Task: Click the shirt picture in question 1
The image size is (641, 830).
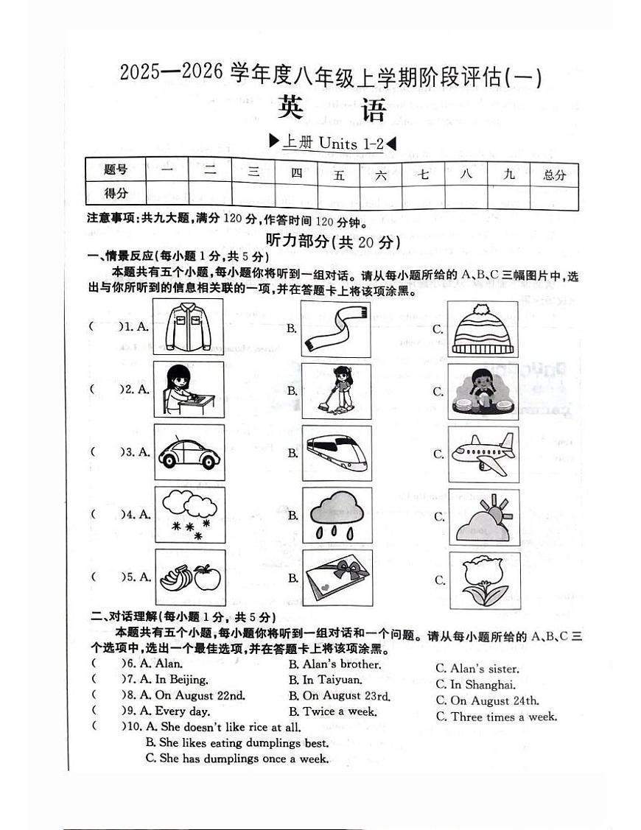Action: tap(189, 327)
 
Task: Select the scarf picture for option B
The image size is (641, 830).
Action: tap(337, 328)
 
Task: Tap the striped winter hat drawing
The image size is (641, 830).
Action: tap(483, 329)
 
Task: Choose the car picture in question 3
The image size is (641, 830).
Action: tap(189, 452)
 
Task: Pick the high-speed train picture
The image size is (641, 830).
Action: tap(337, 453)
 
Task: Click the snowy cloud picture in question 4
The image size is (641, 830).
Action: tap(189, 514)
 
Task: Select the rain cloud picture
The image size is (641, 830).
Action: tap(337, 515)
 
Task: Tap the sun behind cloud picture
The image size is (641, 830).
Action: tap(484, 516)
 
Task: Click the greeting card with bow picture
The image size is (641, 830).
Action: tap(337, 578)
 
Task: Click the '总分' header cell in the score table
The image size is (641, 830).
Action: tap(554, 175)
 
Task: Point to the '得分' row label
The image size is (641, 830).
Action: tap(116, 194)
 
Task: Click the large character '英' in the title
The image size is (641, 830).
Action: tap(294, 109)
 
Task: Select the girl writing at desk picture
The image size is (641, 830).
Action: tap(189, 390)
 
